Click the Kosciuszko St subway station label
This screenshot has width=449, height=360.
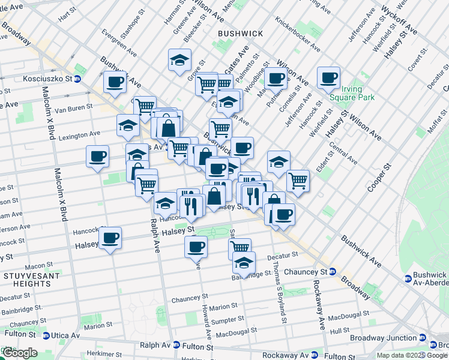tap(40, 79)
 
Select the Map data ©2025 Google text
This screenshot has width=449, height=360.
tap(412, 355)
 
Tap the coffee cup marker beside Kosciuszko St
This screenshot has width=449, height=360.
tap(115, 82)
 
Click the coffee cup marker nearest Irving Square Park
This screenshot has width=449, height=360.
tap(328, 77)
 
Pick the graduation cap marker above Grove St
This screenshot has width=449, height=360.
tap(179, 60)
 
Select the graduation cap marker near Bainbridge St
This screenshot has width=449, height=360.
tap(244, 263)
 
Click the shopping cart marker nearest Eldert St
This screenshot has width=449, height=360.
tap(297, 179)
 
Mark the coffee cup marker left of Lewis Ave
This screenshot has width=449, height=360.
tap(97, 157)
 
